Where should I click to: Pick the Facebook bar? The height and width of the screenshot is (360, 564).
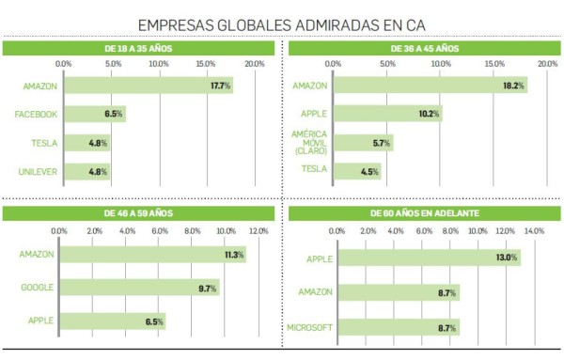(94, 115)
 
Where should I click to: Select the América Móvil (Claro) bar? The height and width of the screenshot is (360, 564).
(363, 143)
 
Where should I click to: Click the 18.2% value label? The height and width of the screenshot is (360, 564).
(513, 86)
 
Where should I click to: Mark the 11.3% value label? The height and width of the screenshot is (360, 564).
(234, 254)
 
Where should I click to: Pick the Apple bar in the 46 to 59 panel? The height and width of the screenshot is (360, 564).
(112, 322)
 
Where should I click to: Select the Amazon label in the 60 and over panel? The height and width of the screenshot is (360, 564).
(314, 293)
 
